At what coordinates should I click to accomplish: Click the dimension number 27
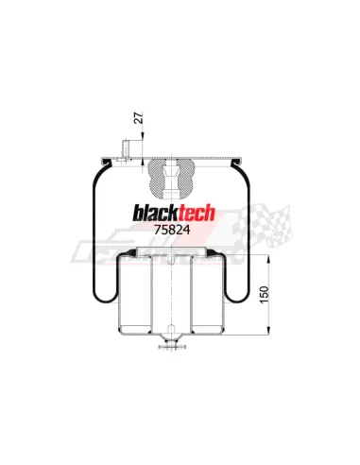point(139,117)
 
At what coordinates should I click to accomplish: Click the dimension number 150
point(265,295)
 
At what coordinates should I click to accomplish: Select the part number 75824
point(172,230)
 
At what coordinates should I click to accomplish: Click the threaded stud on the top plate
point(125,149)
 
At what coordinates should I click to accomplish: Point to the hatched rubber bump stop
point(171,179)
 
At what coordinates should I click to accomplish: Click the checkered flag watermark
point(265,225)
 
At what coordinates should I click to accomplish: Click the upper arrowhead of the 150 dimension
point(268,260)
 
